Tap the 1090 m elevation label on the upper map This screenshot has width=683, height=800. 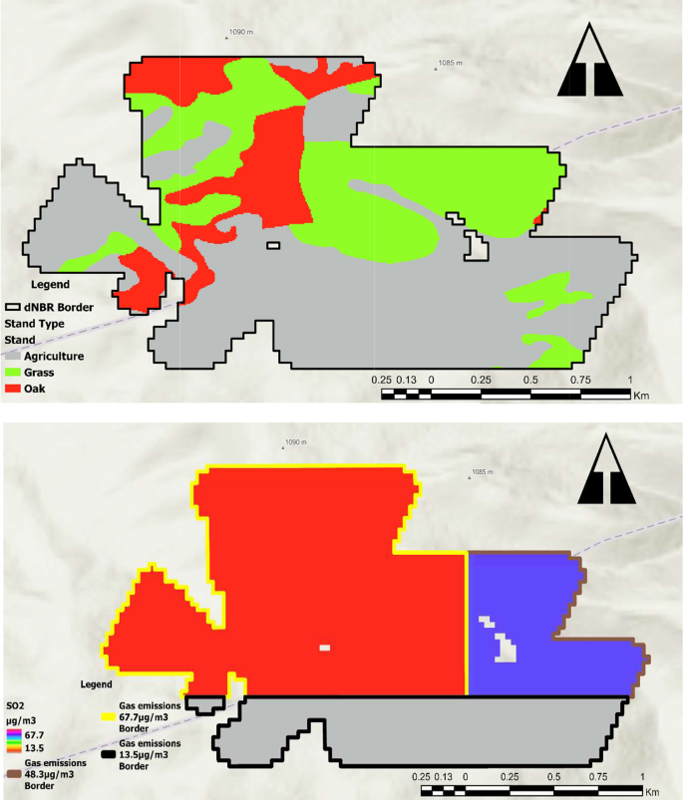[x=241, y=32]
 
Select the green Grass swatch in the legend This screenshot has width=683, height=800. [x=14, y=372]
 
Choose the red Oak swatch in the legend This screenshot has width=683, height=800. [x=14, y=388]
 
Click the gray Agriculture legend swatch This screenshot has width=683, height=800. [x=14, y=356]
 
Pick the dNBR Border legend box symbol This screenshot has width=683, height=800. [x=14, y=308]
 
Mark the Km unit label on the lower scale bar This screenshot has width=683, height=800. [x=653, y=791]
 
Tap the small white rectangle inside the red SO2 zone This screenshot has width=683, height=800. [x=324, y=649]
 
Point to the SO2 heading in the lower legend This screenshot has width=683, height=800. [x=16, y=703]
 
